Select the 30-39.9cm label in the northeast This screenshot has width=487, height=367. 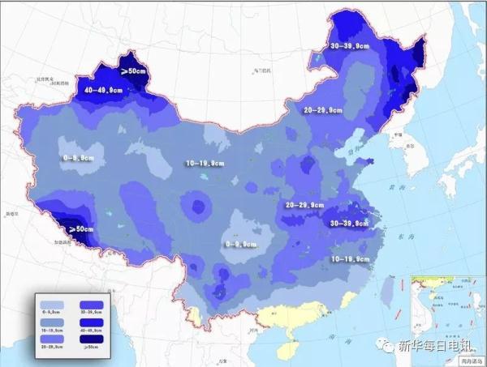pyautogui.click(x=355, y=47)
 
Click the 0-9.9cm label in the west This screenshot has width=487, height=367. pyautogui.click(x=81, y=158)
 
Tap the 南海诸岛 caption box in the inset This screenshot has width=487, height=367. pyautogui.click(x=470, y=361)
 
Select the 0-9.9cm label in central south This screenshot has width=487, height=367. pyautogui.click(x=240, y=243)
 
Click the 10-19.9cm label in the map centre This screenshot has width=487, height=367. pyautogui.click(x=204, y=164)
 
